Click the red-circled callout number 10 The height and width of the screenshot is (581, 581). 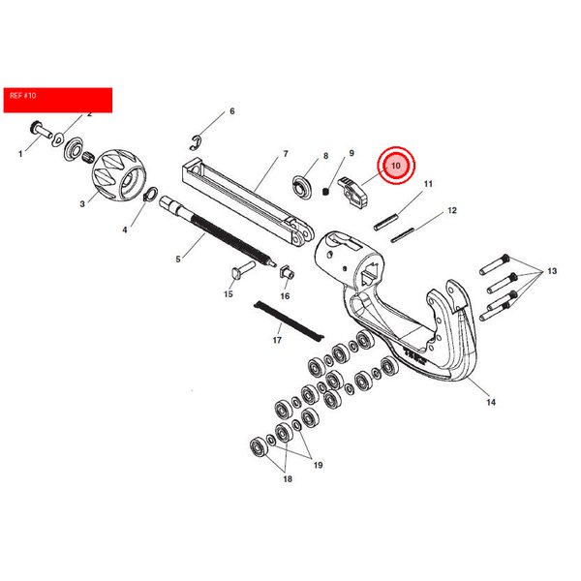396,166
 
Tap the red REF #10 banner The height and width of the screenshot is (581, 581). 58,100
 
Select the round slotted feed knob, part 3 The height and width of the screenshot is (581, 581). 118,174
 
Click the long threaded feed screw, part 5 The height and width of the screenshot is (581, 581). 218,232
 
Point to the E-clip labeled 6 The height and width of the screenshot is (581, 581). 197,143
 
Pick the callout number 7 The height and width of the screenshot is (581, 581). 286,153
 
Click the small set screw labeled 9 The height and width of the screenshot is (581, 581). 325,192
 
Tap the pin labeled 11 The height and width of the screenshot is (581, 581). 386,221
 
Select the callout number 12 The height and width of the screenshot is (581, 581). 452,210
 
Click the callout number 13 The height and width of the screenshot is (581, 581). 552,271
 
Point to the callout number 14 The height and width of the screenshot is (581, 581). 491,402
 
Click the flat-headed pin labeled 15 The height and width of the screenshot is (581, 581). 243,270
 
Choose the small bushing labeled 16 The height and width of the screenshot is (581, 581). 287,272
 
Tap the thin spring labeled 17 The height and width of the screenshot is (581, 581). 289,321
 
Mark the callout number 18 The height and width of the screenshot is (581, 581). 288,479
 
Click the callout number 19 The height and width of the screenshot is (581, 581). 318,465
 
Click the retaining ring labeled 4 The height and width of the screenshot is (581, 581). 150,195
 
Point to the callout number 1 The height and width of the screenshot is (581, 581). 20,153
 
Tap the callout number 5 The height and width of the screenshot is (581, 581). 178,260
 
